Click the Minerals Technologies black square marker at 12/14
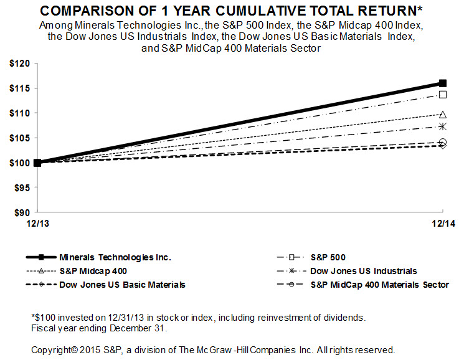443,83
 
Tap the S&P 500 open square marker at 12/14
443,95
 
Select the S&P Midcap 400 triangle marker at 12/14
443,115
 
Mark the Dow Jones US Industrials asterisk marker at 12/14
443,126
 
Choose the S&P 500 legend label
328,257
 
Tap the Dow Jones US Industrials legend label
364,271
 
